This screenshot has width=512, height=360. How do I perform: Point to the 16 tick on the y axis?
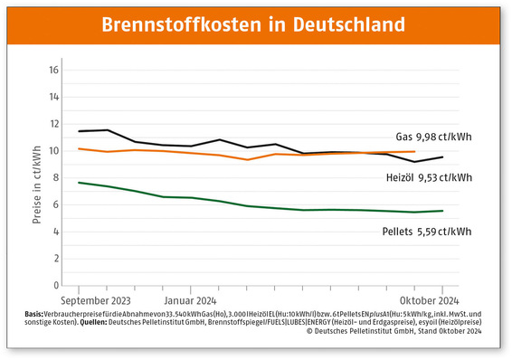tap(53, 70)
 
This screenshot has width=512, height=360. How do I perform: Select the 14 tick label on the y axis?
tap(53, 97)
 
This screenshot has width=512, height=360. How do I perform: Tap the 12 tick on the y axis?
tap(53, 124)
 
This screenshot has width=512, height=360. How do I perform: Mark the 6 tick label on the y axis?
tap(55, 205)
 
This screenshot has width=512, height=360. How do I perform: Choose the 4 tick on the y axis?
tap(55, 232)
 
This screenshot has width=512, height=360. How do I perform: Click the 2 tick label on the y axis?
tap(55, 260)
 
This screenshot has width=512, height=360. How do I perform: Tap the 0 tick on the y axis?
tap(55, 286)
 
